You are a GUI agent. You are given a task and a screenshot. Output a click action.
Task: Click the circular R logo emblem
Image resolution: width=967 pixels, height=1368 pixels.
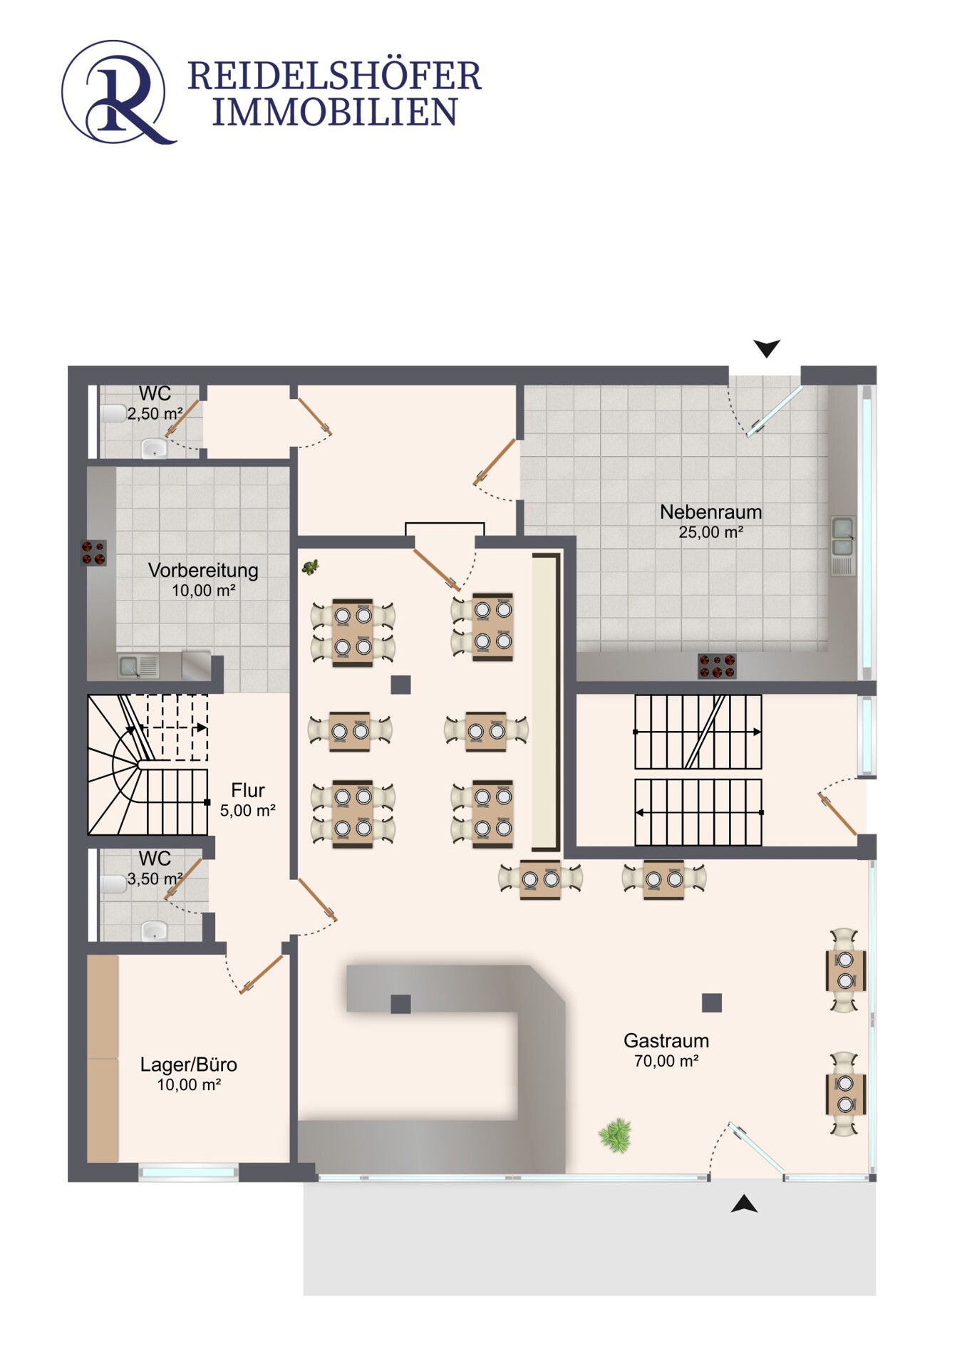(118, 93)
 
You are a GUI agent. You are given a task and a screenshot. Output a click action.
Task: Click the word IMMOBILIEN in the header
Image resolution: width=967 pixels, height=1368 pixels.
(334, 113)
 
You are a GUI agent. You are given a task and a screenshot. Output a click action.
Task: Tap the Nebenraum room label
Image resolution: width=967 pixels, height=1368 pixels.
(710, 512)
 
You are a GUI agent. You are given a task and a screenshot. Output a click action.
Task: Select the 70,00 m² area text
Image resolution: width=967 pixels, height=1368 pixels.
(666, 1061)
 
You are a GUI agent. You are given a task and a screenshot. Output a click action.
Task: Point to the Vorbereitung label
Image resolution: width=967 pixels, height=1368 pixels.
(203, 570)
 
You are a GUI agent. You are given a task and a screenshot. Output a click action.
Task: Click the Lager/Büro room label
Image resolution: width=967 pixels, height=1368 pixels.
(188, 1064)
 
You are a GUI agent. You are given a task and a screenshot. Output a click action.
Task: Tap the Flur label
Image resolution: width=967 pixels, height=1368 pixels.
(247, 790)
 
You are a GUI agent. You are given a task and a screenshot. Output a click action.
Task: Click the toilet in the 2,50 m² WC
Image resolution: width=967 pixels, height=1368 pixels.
(113, 413)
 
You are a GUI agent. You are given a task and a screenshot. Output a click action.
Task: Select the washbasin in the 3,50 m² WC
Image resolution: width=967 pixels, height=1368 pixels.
(154, 930)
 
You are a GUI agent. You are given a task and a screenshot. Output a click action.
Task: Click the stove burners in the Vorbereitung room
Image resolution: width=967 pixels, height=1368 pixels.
(94, 553)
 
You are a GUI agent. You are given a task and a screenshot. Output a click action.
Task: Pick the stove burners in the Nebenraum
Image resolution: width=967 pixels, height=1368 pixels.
(716, 666)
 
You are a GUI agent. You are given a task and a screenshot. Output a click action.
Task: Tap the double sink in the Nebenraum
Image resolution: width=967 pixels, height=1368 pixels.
(843, 537)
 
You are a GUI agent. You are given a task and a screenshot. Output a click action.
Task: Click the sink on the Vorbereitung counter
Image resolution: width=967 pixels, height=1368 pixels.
(130, 666)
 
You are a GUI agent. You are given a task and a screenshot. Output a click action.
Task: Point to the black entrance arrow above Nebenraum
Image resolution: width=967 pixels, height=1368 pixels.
(767, 348)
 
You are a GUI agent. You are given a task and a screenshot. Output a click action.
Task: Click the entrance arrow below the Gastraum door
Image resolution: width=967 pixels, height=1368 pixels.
(744, 1203)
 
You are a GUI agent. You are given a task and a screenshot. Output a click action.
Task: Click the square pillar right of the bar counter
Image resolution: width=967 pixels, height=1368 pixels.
(711, 1002)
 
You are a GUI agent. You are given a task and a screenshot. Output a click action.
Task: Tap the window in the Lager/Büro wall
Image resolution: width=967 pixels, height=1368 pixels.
(188, 1172)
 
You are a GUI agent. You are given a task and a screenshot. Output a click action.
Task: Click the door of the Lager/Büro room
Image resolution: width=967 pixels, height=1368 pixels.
(261, 974)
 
